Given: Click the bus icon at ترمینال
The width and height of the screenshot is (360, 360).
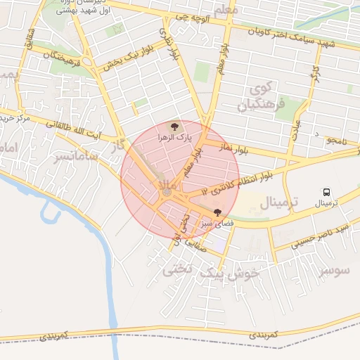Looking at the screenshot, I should pyautogui.click(x=326, y=192).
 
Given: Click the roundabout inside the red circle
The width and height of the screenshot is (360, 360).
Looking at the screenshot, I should pyautogui.click(x=167, y=191).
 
